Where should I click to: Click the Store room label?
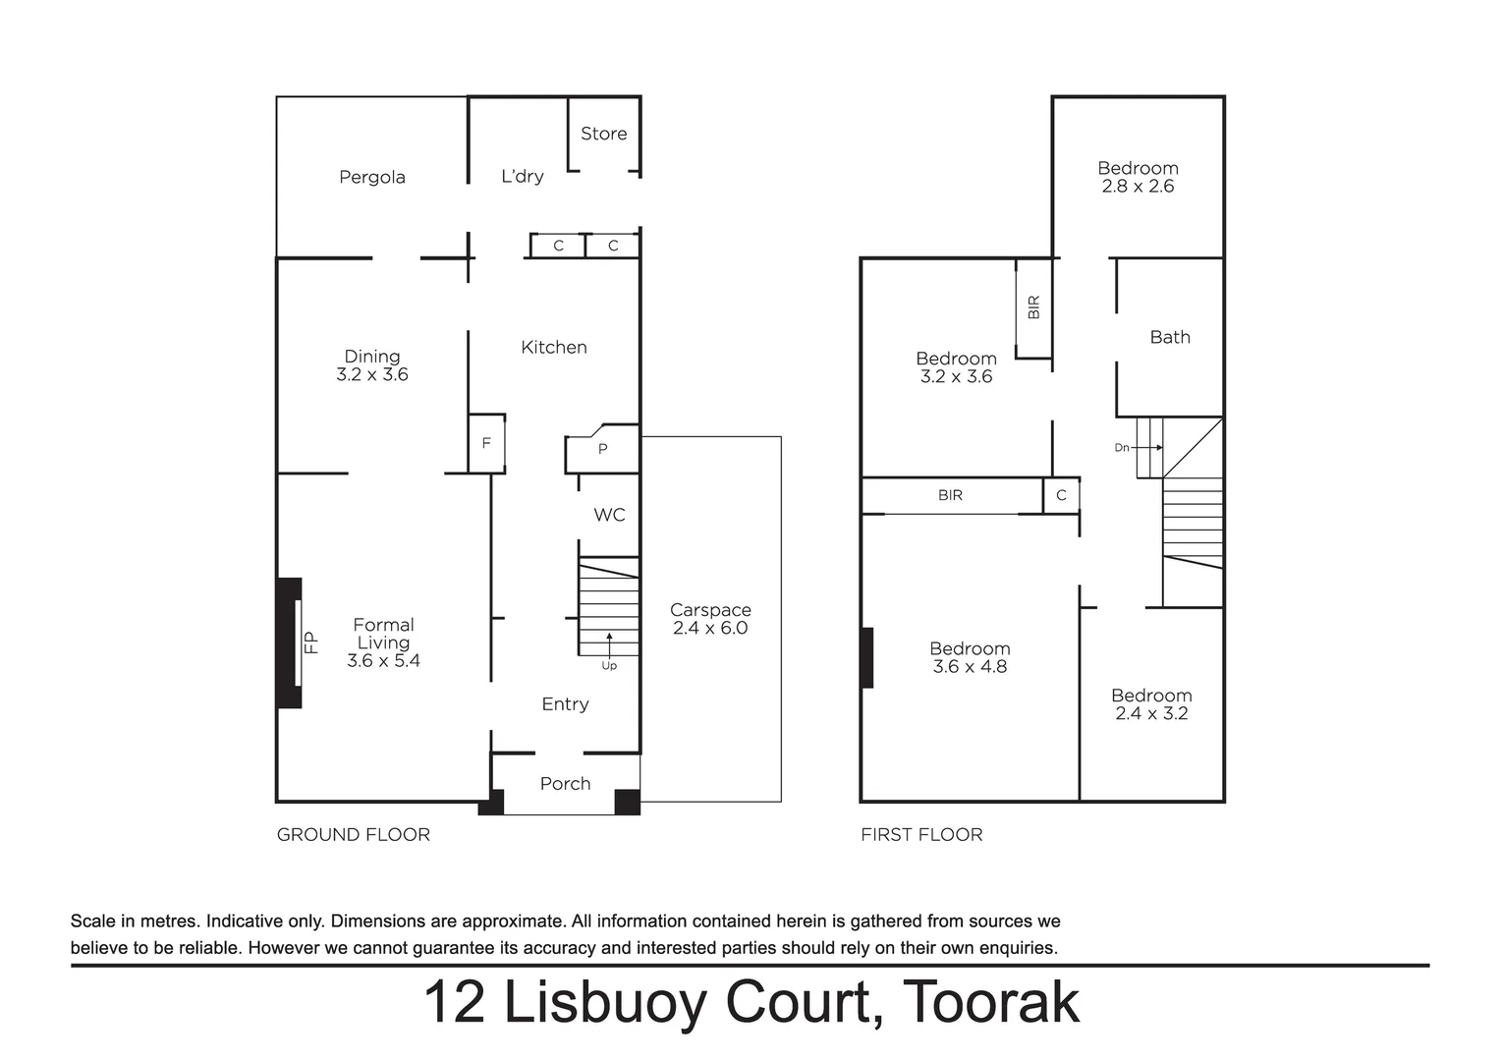click(603, 134)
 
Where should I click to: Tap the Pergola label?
click(371, 177)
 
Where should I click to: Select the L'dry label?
click(522, 176)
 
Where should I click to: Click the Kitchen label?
click(553, 347)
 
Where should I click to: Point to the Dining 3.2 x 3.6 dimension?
click(371, 374)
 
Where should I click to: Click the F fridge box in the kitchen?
click(485, 443)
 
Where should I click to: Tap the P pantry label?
click(602, 449)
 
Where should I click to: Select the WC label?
click(609, 515)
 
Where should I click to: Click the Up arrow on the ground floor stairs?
click(609, 644)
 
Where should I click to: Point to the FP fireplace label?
click(311, 642)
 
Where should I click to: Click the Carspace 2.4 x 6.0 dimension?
click(709, 628)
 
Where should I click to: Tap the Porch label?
click(565, 783)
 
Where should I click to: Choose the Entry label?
click(565, 703)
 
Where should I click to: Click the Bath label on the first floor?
click(1169, 337)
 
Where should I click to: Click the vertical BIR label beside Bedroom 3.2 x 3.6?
click(1032, 307)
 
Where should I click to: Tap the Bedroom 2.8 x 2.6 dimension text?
click(1138, 187)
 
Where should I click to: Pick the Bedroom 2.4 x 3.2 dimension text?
click(1150, 714)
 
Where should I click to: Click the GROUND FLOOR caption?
click(353, 834)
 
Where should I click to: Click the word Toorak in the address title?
click(990, 1002)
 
